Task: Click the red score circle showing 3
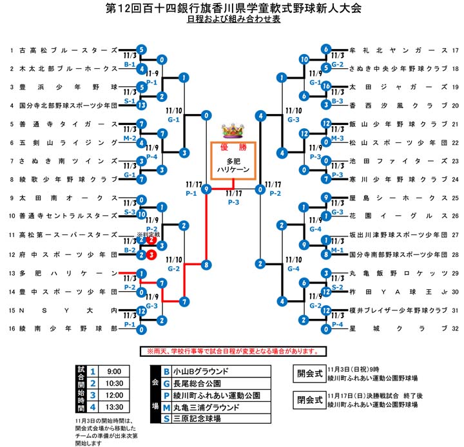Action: tap(150, 254)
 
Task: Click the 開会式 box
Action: tap(309, 373)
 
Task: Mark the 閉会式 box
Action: tap(309, 399)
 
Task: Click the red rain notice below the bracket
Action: tap(231, 351)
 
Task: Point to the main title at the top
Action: tap(233, 8)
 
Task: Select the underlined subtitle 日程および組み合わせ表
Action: tap(233, 21)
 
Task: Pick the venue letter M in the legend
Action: tap(166, 408)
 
